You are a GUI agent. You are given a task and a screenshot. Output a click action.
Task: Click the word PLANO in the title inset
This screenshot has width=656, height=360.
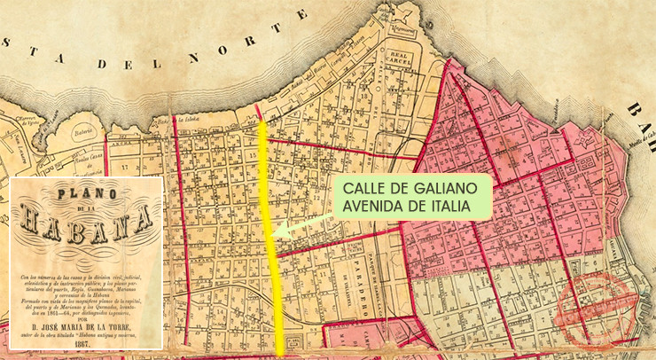(x=85, y=194)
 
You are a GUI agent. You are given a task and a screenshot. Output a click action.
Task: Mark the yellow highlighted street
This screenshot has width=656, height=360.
(x=270, y=266)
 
